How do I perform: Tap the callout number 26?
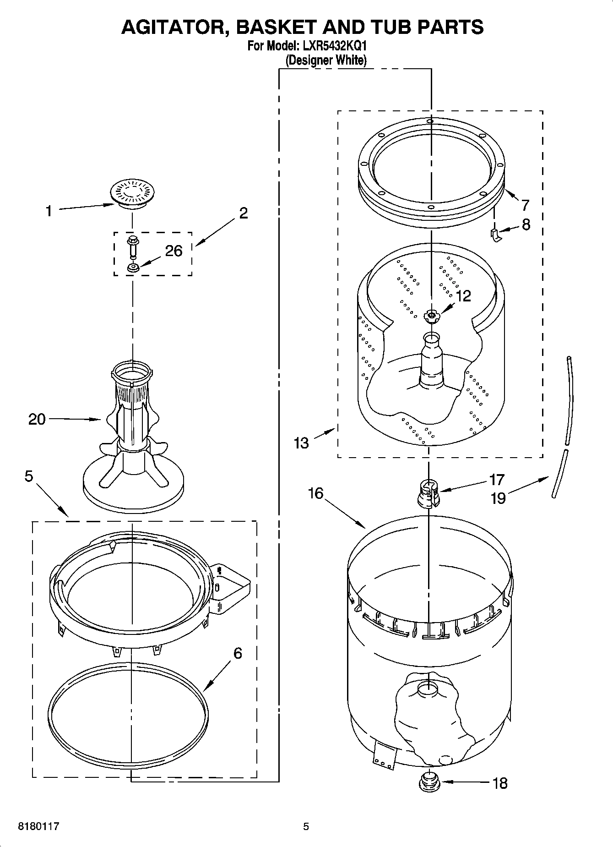coord(174,251)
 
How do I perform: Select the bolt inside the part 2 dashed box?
coord(133,247)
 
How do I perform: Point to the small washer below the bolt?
coord(133,268)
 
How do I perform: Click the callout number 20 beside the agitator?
coord(37,419)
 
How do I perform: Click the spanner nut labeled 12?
coord(431,315)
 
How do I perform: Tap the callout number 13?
coord(302,443)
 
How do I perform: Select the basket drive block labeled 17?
coord(429,493)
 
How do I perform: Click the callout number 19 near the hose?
coord(498,498)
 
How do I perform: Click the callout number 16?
coord(316,493)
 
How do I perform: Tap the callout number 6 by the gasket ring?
coord(237,653)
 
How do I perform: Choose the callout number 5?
coord(29,476)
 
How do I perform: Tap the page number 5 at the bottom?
coord(306,826)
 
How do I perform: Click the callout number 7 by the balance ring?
coord(525,205)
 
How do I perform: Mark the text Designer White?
coord(326,60)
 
